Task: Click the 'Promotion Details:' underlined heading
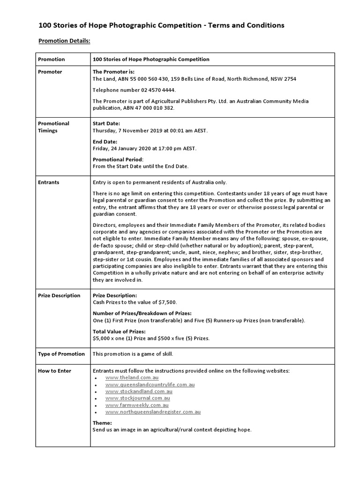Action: [64, 41]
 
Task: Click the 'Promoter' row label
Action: [50, 72]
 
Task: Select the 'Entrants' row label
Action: [49, 182]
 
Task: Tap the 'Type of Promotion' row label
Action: [61, 354]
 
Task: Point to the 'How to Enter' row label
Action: [54, 371]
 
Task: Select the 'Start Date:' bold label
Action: [107, 123]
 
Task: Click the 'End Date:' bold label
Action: [105, 142]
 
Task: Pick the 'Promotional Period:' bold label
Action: [118, 159]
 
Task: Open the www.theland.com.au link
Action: [132, 378]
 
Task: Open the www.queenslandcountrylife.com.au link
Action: [150, 384]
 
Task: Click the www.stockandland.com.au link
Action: [139, 391]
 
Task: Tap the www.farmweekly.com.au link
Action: [137, 405]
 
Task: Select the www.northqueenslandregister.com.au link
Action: [153, 412]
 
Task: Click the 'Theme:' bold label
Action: [102, 422]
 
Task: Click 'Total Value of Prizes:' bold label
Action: [120, 331]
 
